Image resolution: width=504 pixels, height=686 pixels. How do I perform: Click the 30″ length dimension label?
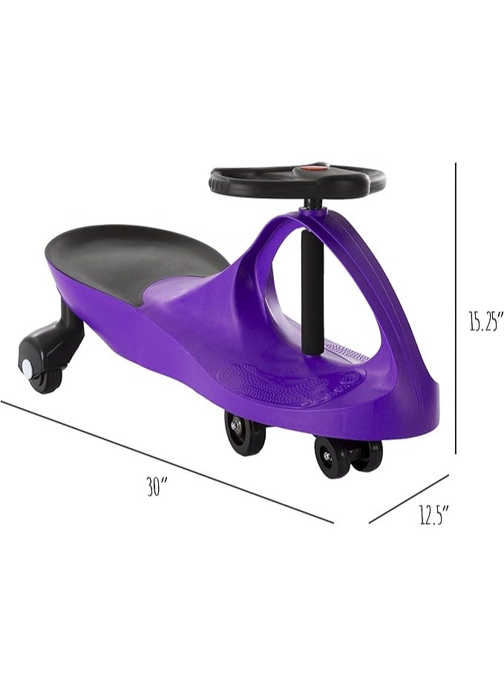click(157, 487)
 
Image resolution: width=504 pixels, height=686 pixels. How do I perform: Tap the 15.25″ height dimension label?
click(484, 320)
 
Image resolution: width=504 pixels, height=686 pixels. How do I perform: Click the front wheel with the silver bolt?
click(241, 432)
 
